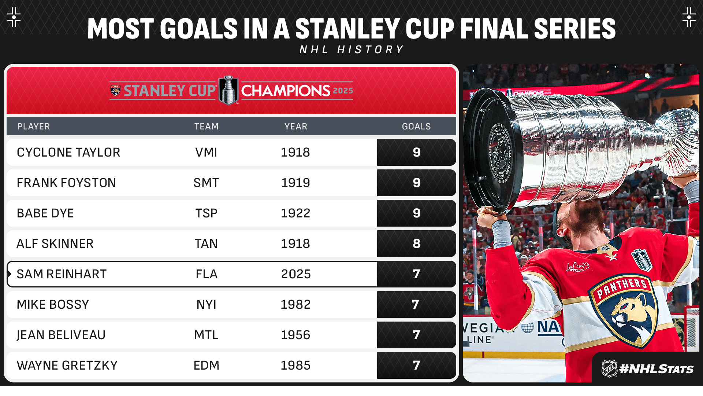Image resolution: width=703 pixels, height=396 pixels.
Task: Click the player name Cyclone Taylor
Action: [x=68, y=152]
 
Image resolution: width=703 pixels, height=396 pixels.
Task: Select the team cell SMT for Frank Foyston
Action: [x=206, y=183]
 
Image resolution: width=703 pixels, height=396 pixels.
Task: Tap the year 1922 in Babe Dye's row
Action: [x=295, y=213]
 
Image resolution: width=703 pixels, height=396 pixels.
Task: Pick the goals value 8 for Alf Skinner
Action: [x=417, y=243]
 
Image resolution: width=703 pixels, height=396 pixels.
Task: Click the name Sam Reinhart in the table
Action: [x=62, y=274]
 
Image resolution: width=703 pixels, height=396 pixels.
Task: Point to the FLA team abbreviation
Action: [x=207, y=274]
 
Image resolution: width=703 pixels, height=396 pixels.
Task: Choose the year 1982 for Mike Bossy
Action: [x=295, y=304]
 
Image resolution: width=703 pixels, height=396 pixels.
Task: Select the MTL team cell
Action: [x=206, y=335]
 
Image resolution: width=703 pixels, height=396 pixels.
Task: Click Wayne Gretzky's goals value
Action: [x=416, y=365]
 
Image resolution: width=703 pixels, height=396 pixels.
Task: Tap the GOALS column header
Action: [x=416, y=126]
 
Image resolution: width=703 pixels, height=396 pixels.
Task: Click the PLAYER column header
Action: [x=34, y=126]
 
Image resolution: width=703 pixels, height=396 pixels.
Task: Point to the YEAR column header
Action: [x=296, y=126]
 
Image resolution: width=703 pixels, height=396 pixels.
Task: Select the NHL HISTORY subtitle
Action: [x=351, y=49]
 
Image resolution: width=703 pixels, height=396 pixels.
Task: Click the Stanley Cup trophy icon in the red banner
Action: [x=228, y=90]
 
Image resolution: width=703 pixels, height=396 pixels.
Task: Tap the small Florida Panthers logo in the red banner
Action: [x=115, y=91]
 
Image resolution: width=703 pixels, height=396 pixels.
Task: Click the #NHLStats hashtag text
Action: [x=656, y=369]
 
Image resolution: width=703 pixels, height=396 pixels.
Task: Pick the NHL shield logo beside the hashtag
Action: [x=610, y=368]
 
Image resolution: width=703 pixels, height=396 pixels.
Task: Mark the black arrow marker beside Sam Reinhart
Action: [x=9, y=274]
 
